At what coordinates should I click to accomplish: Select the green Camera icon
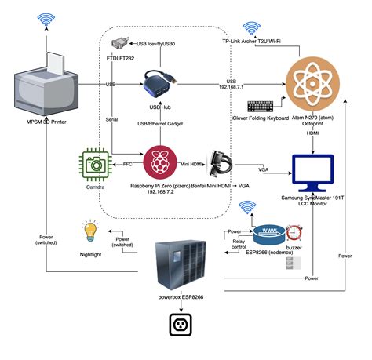coord(96,164)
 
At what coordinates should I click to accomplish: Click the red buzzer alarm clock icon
coord(295,233)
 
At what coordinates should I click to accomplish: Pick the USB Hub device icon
coord(162,82)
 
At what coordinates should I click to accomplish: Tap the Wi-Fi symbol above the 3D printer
coord(46,20)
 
